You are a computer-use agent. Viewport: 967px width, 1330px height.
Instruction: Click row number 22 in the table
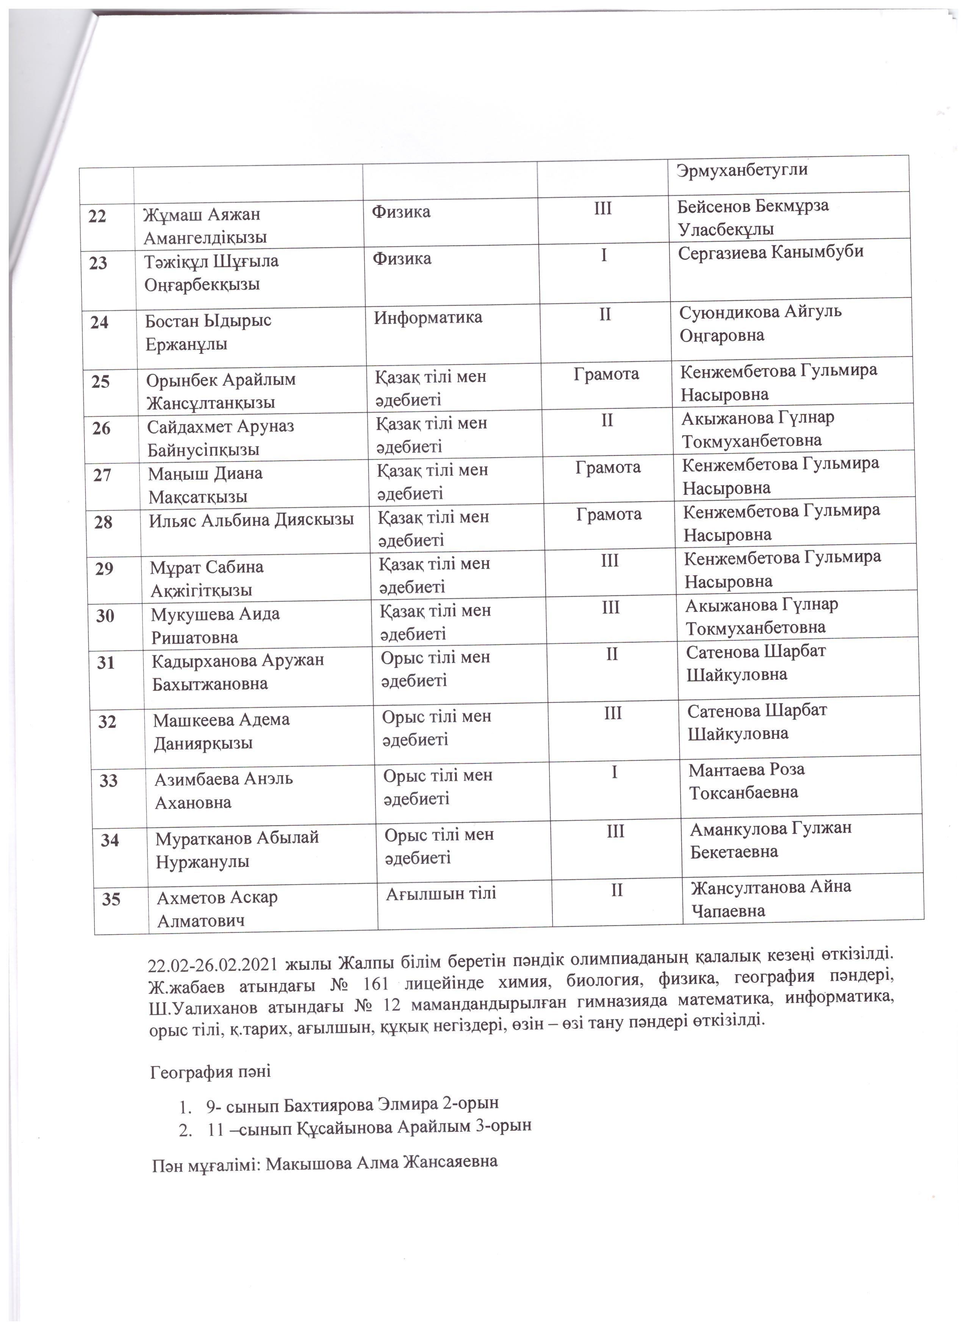click(x=97, y=216)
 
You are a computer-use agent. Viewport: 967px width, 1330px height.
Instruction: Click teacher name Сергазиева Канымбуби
click(x=771, y=252)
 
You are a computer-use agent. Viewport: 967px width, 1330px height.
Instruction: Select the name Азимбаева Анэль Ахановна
click(x=224, y=790)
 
